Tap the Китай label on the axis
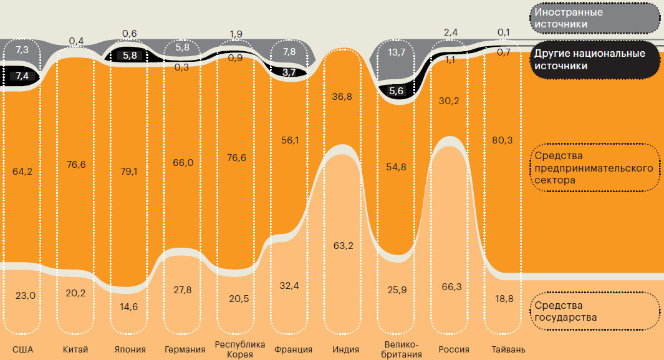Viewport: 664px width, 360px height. (75, 349)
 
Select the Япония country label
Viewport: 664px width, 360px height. (130, 349)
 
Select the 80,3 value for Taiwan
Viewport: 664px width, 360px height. (502, 140)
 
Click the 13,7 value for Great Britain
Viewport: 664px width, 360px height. (397, 52)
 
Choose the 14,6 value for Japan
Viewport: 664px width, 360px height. (130, 307)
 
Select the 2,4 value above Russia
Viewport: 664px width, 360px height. (451, 32)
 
